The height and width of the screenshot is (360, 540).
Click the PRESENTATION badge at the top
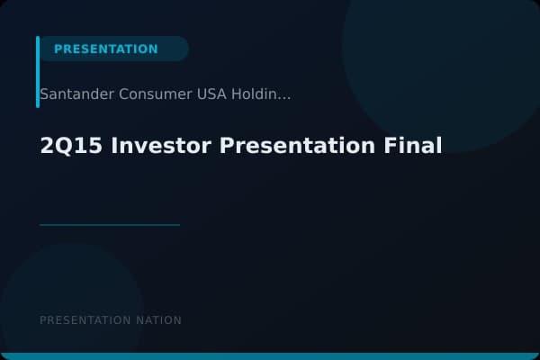pos(106,49)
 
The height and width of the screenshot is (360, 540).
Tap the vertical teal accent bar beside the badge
pos(38,72)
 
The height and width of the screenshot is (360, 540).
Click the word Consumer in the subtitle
pos(149,94)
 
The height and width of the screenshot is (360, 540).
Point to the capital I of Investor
pos(113,146)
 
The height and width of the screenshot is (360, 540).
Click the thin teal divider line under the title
pos(110,225)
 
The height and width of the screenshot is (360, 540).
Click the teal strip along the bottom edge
pos(270,356)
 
